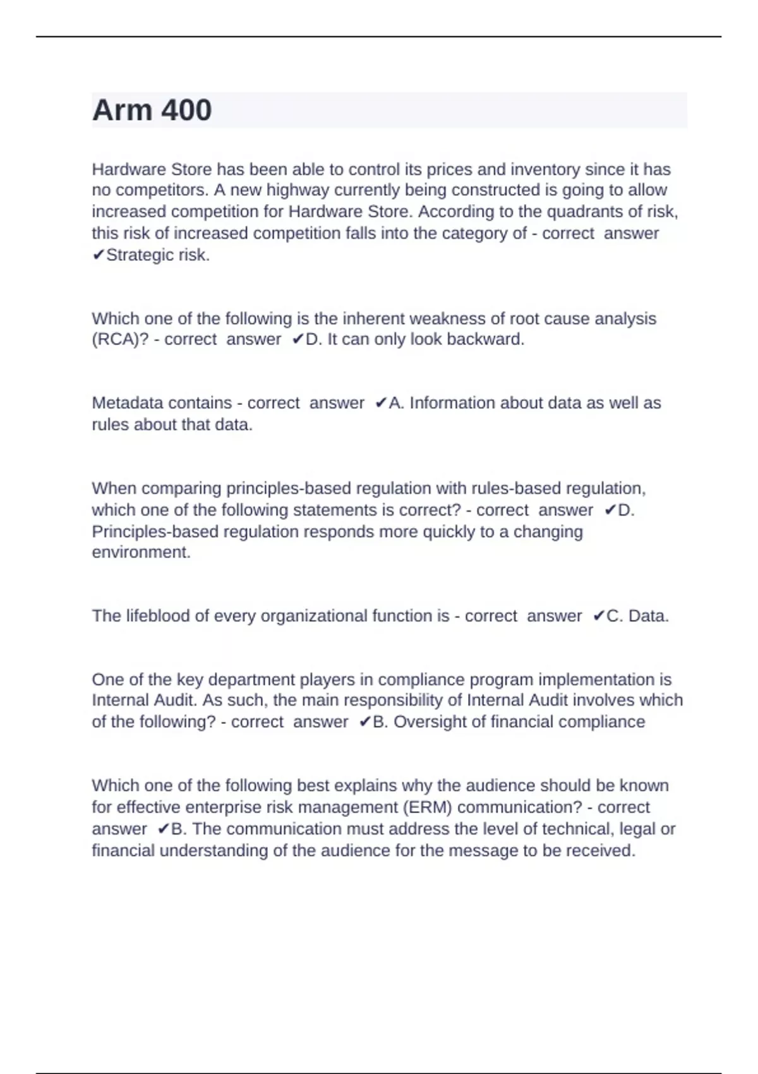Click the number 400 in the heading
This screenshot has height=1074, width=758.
[x=186, y=111]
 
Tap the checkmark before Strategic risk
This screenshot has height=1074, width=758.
[x=98, y=255]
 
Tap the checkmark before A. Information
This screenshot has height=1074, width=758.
[x=381, y=403]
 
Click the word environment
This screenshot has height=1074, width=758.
[x=141, y=553]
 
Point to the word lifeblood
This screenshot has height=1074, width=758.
[x=158, y=616]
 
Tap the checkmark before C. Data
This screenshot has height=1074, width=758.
[x=599, y=616]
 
